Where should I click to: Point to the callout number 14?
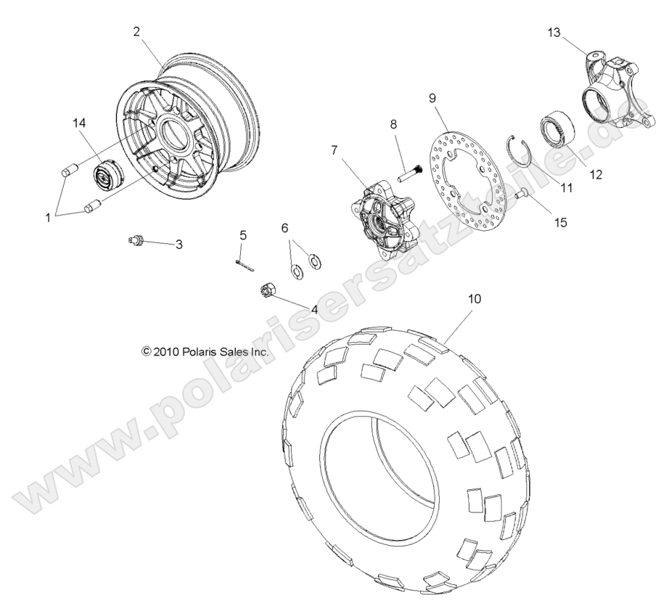point(79,123)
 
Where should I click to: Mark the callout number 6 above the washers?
point(285,227)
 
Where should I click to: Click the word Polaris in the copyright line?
point(199,351)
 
